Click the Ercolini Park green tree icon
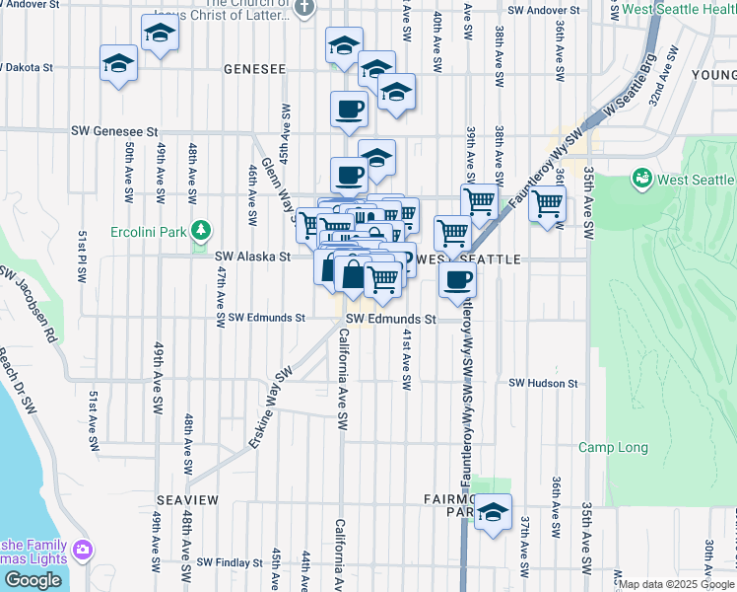click(201, 230)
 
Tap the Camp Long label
click(613, 448)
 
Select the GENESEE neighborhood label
click(254, 70)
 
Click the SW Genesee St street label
click(114, 130)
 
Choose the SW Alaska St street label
click(252, 257)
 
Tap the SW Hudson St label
click(542, 383)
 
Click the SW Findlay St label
click(230, 563)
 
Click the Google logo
click(33, 580)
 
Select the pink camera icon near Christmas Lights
click(83, 549)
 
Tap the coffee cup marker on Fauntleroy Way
click(456, 280)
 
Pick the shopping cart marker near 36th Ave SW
click(547, 204)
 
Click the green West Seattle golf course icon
click(642, 179)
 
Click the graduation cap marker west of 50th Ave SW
click(119, 63)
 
